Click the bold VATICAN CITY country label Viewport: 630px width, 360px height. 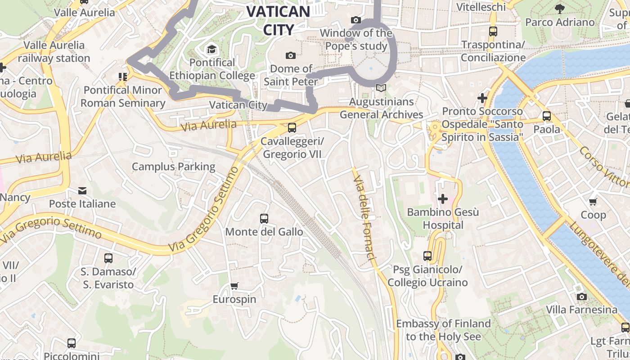(279, 20)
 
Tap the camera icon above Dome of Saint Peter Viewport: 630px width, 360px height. (291, 55)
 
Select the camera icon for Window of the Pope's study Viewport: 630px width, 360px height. (356, 20)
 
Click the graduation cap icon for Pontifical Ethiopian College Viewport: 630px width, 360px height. (211, 49)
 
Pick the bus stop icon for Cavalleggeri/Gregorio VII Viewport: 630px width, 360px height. (292, 128)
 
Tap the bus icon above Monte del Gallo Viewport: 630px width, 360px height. (264, 219)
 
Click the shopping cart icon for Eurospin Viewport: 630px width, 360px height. (234, 286)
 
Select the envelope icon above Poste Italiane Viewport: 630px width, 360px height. (82, 191)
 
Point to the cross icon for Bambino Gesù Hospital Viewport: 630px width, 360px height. (443, 198)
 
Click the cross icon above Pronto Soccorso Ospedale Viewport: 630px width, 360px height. (482, 98)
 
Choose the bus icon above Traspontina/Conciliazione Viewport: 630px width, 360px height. (493, 31)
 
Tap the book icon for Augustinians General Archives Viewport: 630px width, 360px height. (381, 88)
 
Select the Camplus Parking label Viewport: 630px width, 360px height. (174, 166)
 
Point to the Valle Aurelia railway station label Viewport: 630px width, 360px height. (54, 51)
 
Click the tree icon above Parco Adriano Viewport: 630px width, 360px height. (560, 9)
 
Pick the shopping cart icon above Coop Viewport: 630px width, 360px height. (593, 202)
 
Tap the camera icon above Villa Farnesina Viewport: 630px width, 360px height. (582, 297)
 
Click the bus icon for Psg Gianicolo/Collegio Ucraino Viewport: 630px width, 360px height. (427, 256)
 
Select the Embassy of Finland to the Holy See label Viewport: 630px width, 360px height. (443, 330)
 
